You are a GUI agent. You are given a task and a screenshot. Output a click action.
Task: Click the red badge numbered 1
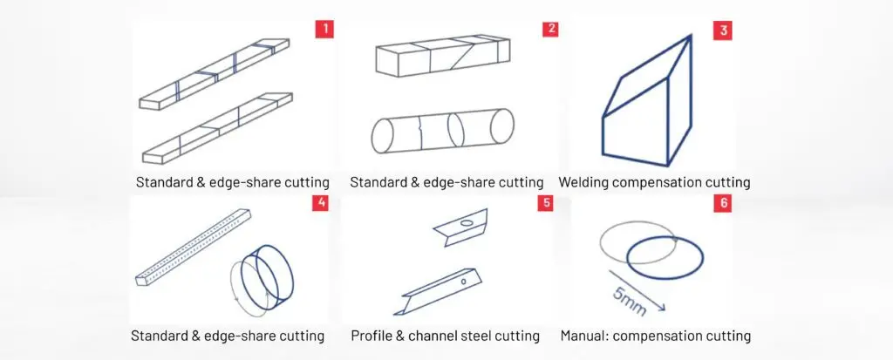click(324, 29)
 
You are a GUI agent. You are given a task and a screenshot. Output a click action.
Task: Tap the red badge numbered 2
click(550, 29)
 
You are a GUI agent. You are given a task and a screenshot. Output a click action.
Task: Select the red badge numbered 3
click(723, 31)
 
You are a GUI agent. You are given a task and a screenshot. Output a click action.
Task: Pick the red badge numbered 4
click(321, 203)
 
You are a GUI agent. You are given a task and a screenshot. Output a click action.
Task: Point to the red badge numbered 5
click(545, 203)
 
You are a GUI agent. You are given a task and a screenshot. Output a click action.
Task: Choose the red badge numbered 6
click(723, 204)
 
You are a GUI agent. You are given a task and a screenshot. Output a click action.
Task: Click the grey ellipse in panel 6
click(600, 242)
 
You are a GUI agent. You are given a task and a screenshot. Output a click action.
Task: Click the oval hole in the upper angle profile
click(468, 223)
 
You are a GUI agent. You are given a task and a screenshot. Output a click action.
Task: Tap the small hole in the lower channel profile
click(464, 281)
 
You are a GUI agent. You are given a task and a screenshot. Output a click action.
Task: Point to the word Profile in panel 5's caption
click(370, 336)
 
